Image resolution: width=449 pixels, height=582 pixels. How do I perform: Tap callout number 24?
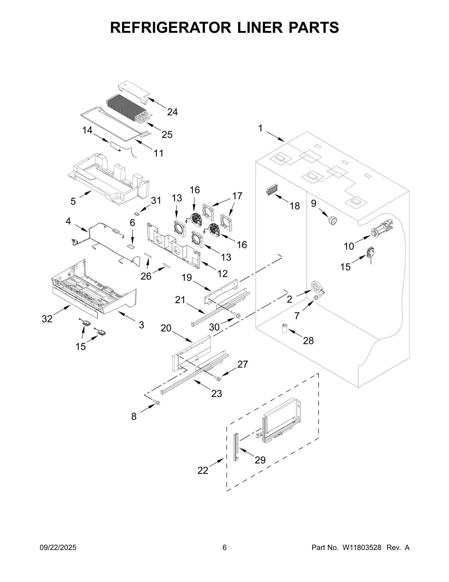pyautogui.click(x=172, y=112)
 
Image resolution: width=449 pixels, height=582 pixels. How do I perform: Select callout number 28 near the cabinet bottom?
pyautogui.click(x=308, y=341)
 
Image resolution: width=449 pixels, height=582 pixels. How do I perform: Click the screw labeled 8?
pyautogui.click(x=157, y=403)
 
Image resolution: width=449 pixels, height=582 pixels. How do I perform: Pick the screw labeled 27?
pyautogui.click(x=218, y=379)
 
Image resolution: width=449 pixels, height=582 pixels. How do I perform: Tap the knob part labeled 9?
pyautogui.click(x=332, y=221)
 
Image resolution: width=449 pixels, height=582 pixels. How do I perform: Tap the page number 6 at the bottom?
pyautogui.click(x=224, y=555)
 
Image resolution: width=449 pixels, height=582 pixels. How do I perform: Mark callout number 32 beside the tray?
pyautogui.click(x=47, y=319)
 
